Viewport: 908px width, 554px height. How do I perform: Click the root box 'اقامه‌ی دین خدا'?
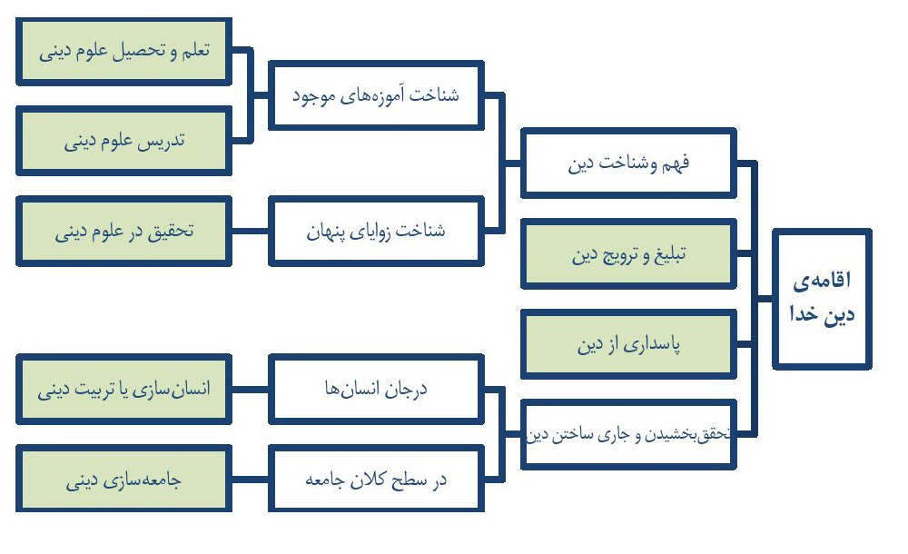coord(822,299)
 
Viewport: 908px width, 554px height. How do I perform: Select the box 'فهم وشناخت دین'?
coord(628,163)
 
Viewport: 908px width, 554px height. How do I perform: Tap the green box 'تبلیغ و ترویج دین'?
coord(628,253)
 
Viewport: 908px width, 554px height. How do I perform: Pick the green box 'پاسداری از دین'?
coord(628,344)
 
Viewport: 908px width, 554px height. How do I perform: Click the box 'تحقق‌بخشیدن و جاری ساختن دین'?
coord(628,434)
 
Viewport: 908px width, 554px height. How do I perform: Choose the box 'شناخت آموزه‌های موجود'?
coord(376,95)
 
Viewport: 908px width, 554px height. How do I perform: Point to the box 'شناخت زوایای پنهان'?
coord(376,231)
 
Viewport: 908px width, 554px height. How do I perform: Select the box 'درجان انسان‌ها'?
coord(376,389)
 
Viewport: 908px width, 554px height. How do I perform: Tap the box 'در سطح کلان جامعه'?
coord(376,479)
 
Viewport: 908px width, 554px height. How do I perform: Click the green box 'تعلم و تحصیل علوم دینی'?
coord(123,51)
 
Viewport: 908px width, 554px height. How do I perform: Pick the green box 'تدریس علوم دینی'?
coord(123,141)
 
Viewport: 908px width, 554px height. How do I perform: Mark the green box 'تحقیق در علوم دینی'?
coord(123,231)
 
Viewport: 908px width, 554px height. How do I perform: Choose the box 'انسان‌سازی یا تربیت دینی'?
coord(123,389)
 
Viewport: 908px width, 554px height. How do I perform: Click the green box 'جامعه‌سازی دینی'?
coord(123,479)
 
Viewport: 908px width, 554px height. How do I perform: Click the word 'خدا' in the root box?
coord(804,314)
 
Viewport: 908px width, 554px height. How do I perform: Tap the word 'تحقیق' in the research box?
coord(171,232)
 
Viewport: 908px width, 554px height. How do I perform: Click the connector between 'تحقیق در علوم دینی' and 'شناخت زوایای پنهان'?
coord(251,231)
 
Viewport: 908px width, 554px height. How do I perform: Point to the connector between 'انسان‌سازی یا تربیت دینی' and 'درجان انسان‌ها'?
coord(251,389)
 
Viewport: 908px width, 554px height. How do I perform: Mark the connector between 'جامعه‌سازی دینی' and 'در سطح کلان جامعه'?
coord(251,480)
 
